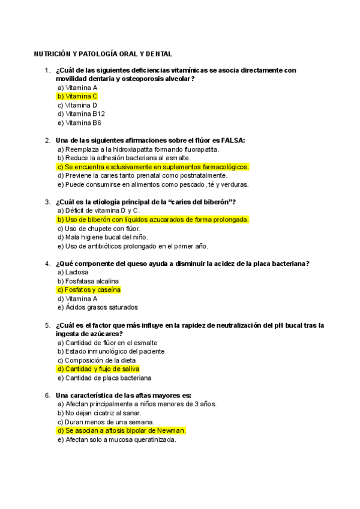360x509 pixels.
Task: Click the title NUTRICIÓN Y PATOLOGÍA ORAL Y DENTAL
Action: coord(103,53)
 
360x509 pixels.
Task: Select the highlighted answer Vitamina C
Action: coord(77,96)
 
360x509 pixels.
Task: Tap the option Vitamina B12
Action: coord(81,113)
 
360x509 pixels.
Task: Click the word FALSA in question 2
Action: coord(234,140)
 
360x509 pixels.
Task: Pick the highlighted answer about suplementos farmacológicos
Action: coord(153,167)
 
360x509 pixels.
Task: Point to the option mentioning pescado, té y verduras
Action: coord(152,184)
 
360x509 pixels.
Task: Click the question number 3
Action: coord(47,202)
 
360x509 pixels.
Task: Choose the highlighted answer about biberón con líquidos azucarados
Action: coord(152,220)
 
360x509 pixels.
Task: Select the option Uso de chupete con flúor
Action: coord(98,228)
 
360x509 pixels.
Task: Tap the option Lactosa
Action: coord(73,272)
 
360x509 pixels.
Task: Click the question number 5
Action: coord(47,325)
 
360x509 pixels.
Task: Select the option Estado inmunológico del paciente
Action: coord(110,351)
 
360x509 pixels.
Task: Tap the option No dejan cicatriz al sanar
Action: coord(99,413)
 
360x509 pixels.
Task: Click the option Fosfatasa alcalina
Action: coord(88,281)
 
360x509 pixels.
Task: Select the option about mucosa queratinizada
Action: coord(116,439)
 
